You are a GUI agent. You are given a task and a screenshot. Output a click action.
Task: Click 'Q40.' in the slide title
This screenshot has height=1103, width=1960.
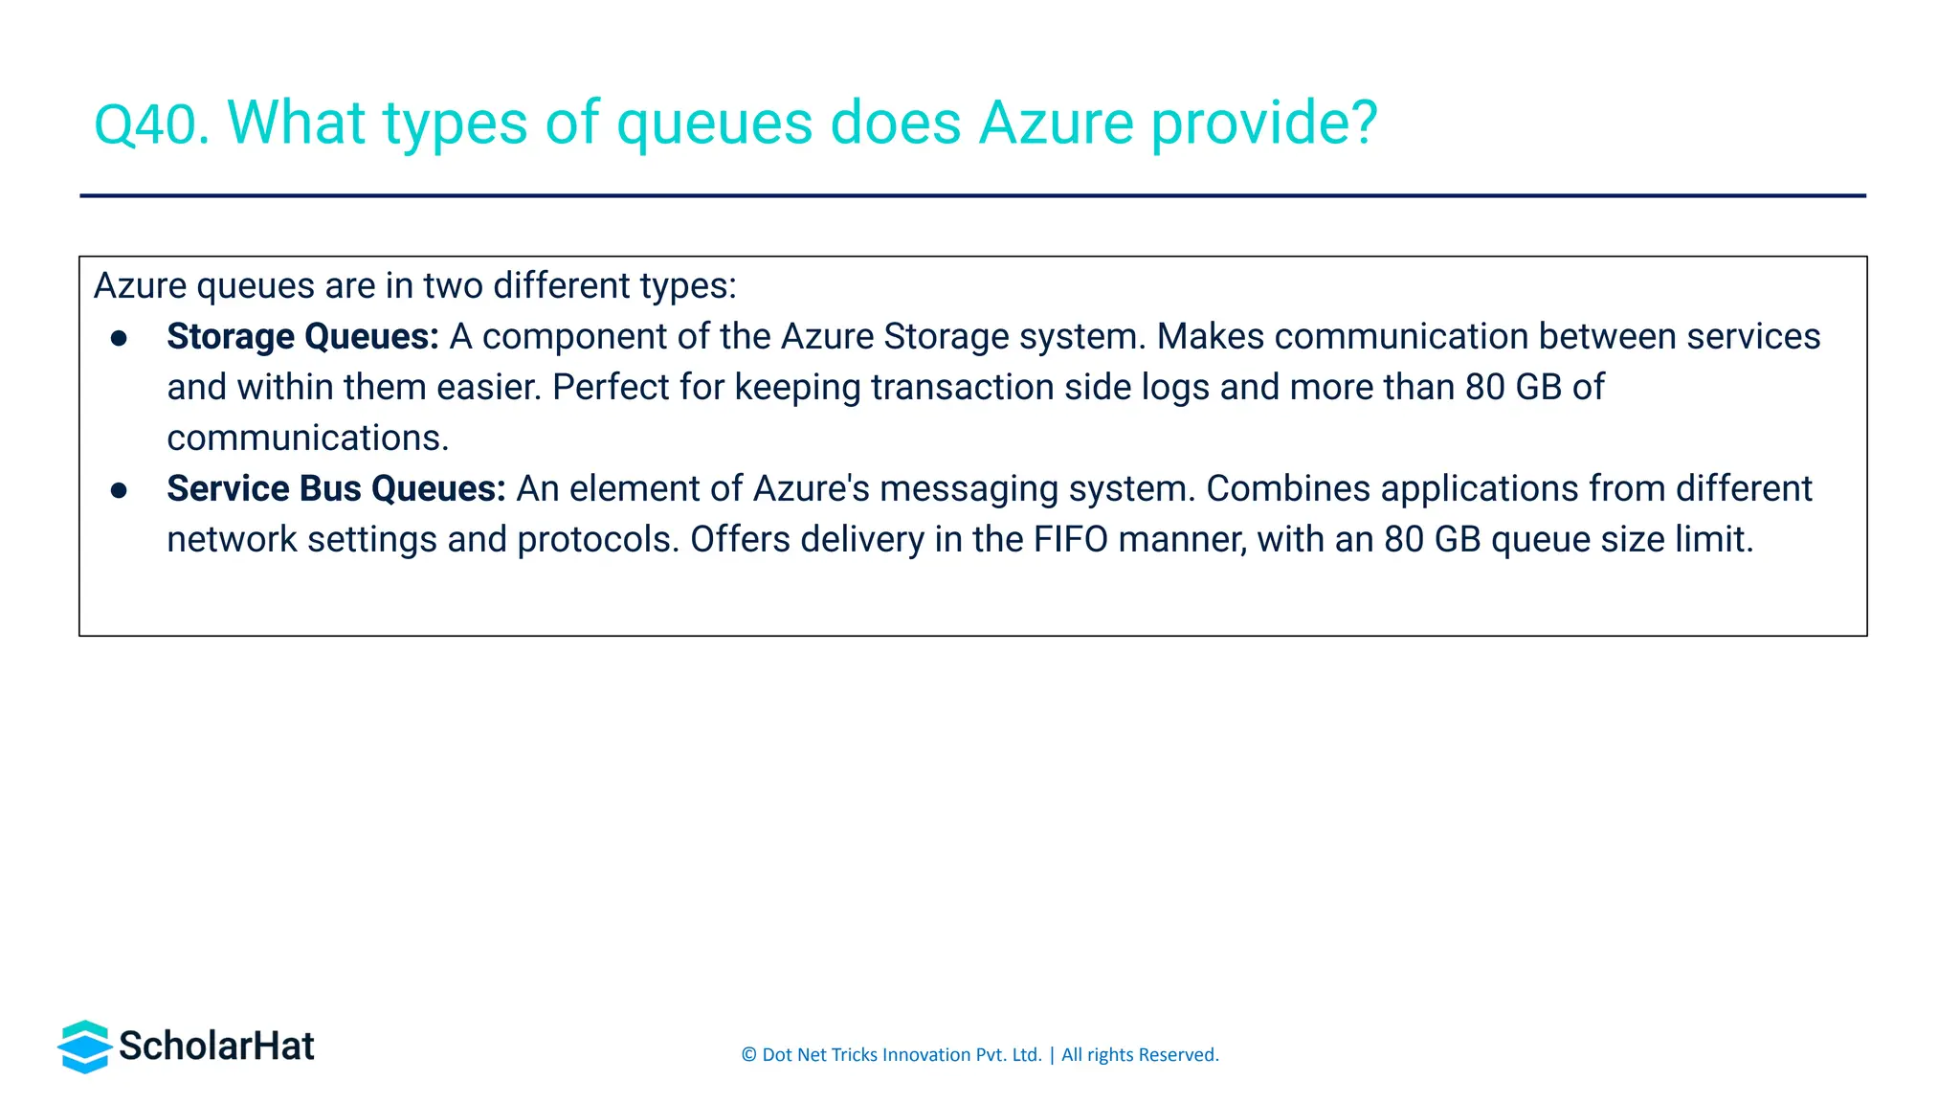151,124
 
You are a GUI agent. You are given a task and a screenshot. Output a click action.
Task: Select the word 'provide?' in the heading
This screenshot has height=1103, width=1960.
1264,124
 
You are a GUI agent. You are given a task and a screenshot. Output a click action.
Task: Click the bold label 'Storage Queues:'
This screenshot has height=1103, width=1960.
302,336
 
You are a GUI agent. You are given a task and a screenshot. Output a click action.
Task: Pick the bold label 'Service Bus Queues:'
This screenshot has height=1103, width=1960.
336,488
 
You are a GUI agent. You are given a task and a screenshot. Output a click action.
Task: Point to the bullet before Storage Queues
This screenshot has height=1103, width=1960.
119,338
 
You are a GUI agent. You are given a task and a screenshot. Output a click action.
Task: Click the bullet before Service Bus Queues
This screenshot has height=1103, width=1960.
119,490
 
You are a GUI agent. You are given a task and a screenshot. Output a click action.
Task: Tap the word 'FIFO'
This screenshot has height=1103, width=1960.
1070,539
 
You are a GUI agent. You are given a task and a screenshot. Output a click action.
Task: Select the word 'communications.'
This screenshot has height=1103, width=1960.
307,438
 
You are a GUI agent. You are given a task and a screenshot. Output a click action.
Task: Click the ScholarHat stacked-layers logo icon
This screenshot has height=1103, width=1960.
85,1047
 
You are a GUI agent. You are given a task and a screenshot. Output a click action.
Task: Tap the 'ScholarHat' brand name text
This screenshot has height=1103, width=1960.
216,1046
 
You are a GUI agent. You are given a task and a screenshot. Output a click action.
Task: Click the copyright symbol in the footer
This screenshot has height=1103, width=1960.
748,1055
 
